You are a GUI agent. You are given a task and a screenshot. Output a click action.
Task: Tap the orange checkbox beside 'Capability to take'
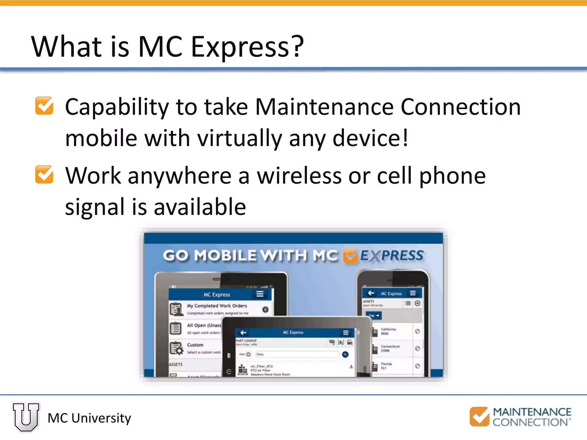(44, 106)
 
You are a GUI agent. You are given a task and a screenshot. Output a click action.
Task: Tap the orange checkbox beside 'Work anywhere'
(44, 174)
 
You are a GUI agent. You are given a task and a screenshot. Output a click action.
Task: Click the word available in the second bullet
(200, 207)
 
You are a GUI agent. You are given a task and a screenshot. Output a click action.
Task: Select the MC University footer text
(89, 418)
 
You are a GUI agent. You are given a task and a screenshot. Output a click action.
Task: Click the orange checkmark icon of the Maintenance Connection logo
(479, 416)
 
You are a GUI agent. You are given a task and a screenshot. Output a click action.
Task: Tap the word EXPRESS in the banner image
(392, 256)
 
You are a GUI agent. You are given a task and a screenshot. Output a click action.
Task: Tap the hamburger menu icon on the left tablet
(260, 294)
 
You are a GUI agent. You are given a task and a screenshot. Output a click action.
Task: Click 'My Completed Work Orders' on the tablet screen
(217, 306)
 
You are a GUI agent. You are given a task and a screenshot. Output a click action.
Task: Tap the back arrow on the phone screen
(371, 293)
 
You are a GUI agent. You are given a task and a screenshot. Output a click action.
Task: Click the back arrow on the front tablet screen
(243, 333)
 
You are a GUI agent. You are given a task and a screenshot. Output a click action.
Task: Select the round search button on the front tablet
(345, 355)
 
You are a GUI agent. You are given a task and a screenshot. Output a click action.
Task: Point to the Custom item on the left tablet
(195, 345)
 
